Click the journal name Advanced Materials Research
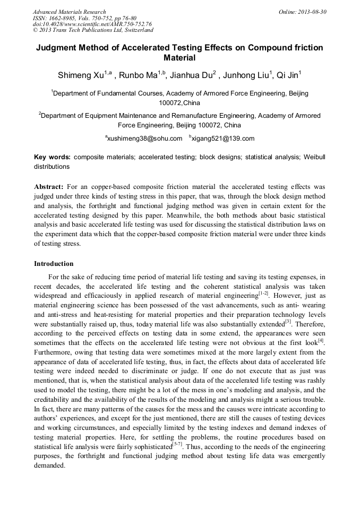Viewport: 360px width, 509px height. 69,12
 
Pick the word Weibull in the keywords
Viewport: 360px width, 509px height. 314,158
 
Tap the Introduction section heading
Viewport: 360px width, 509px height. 54,263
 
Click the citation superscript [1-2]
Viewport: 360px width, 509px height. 263,293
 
